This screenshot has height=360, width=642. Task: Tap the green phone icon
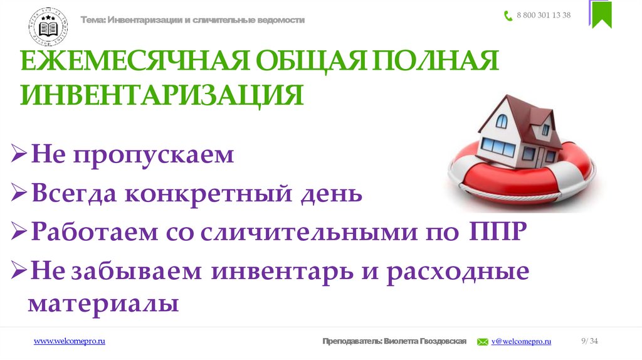508,16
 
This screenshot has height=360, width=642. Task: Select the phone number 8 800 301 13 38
544,16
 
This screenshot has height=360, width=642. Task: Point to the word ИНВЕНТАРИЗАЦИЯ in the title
162,95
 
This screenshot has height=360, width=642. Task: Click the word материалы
103,304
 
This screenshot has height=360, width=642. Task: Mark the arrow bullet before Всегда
19,194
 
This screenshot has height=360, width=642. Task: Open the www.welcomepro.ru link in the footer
69,341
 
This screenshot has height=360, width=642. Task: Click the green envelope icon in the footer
483,342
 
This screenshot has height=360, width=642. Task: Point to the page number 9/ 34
590,341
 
